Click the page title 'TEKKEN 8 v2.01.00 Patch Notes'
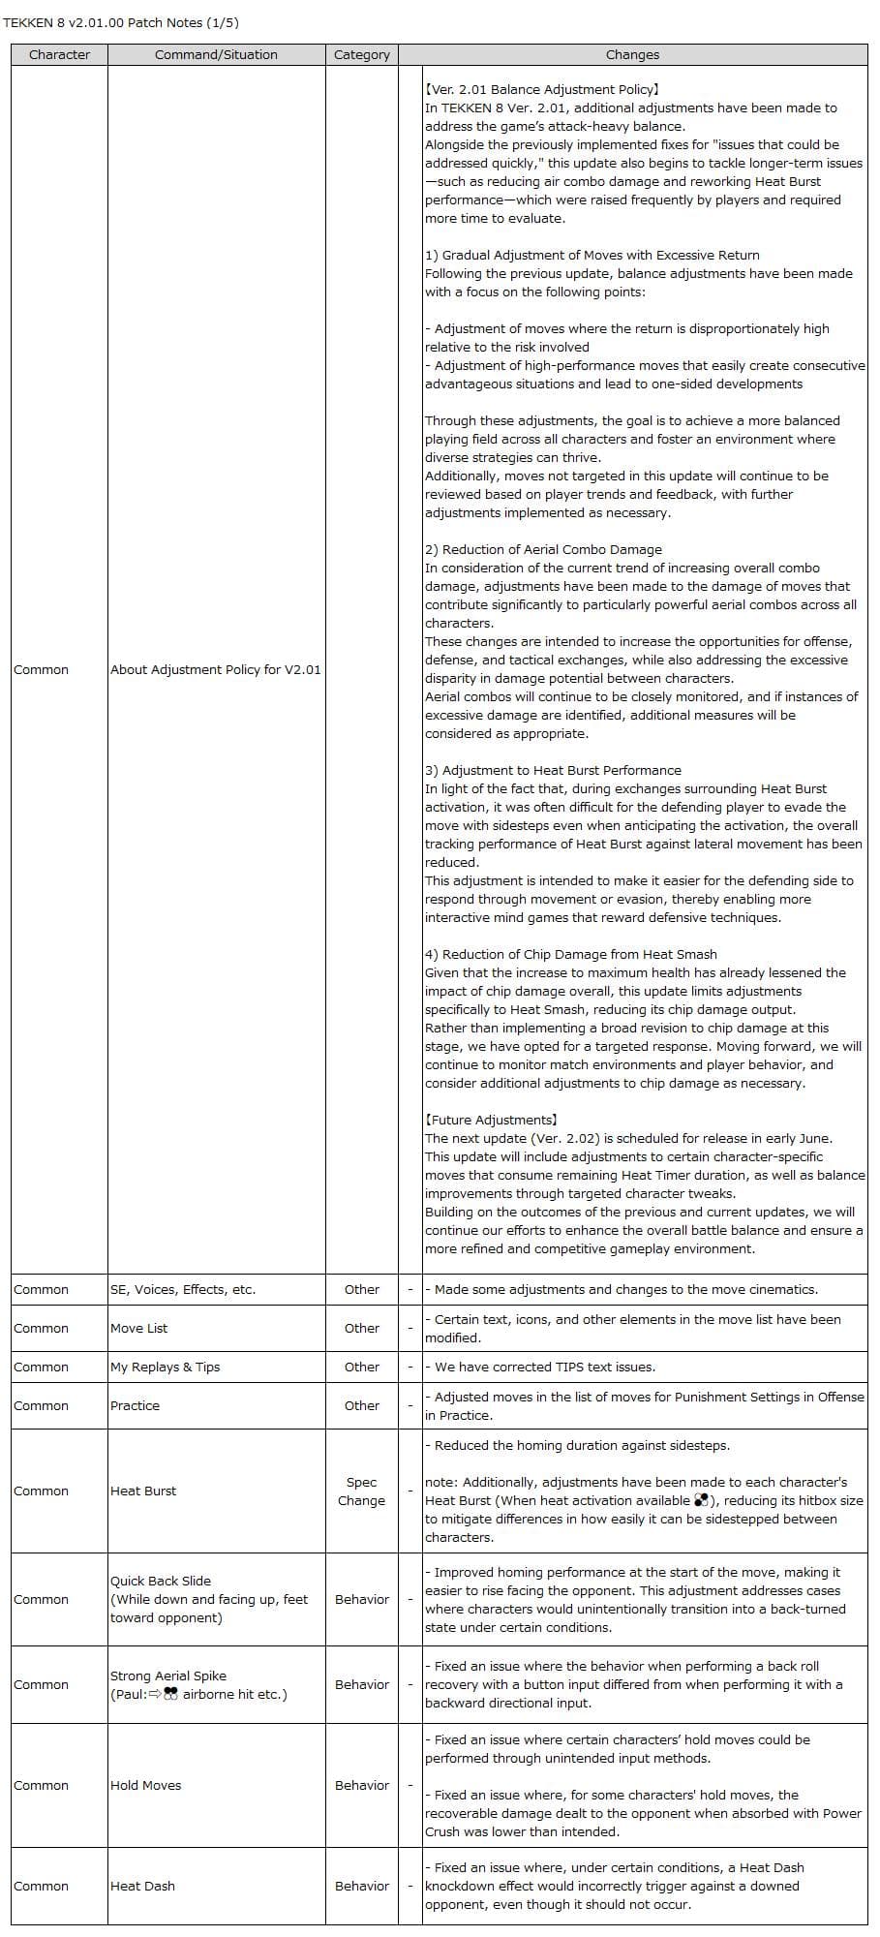[x=120, y=22]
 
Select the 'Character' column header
[x=59, y=55]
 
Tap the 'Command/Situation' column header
[x=216, y=55]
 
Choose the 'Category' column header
[x=361, y=55]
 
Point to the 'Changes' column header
[x=632, y=55]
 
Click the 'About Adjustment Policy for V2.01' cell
[x=215, y=669]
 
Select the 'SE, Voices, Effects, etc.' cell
[x=183, y=1289]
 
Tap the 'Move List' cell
[x=138, y=1328]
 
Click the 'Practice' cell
[x=135, y=1405]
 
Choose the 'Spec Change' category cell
[x=361, y=1491]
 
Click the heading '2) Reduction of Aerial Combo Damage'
[x=543, y=549]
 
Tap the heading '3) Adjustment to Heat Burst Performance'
[x=553, y=770]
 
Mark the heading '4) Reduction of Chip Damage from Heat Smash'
[x=570, y=954]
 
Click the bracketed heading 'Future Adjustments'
[x=491, y=1120]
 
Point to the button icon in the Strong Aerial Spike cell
[x=171, y=1694]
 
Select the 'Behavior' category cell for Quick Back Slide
[x=361, y=1599]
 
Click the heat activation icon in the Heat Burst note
[x=701, y=1500]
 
